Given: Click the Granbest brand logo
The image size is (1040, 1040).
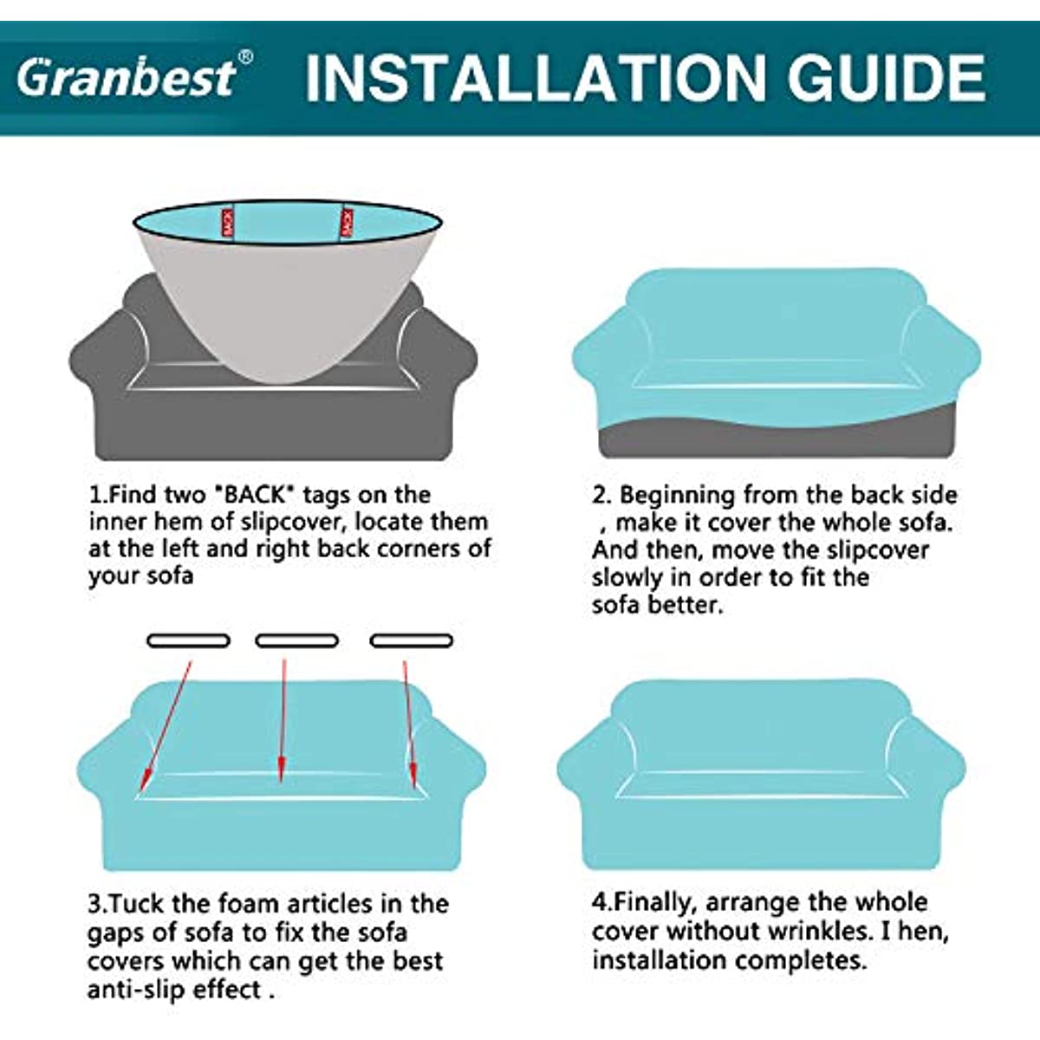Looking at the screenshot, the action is [x=127, y=77].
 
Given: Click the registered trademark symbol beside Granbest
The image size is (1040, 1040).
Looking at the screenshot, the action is [x=245, y=56].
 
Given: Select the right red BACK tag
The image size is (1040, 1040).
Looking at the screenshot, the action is [x=347, y=223].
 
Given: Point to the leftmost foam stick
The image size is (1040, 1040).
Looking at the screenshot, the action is [x=188, y=640].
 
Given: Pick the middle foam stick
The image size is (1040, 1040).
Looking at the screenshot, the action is [x=297, y=640].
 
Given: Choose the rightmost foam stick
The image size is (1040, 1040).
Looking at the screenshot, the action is [x=412, y=640].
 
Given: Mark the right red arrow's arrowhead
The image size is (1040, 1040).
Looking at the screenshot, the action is [x=413, y=774].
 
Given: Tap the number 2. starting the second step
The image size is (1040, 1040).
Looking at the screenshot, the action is [x=601, y=496].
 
